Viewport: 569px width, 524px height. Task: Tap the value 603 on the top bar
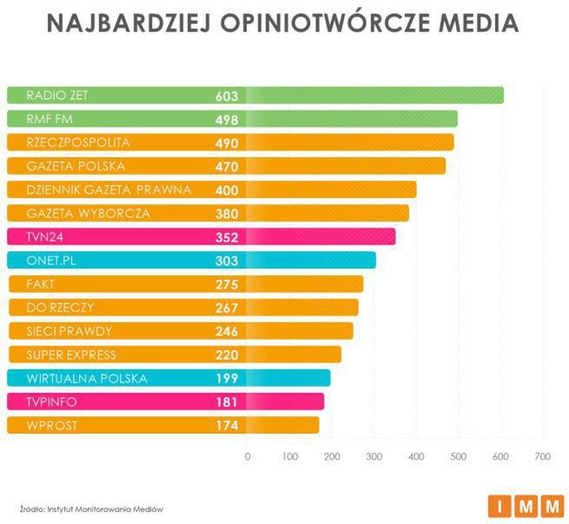pyautogui.click(x=227, y=96)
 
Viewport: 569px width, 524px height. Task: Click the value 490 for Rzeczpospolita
pyautogui.click(x=227, y=143)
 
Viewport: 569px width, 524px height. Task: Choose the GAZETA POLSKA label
pyautogui.click(x=76, y=166)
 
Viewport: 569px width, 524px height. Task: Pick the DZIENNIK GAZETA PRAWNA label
pyautogui.click(x=109, y=189)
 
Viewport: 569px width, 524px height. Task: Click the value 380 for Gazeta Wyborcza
pyautogui.click(x=227, y=213)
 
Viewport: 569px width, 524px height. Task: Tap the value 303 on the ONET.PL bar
pyautogui.click(x=227, y=260)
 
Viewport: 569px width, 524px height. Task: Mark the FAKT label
pyautogui.click(x=42, y=283)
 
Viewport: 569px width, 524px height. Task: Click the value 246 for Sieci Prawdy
pyautogui.click(x=227, y=331)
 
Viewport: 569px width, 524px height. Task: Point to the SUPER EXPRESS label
pyautogui.click(x=71, y=355)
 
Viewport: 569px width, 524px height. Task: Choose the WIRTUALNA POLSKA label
pyautogui.click(x=87, y=378)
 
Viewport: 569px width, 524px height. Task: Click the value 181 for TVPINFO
pyautogui.click(x=227, y=401)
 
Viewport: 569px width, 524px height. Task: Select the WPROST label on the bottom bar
pyautogui.click(x=49, y=425)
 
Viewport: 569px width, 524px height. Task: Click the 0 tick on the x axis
pyautogui.click(x=248, y=456)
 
